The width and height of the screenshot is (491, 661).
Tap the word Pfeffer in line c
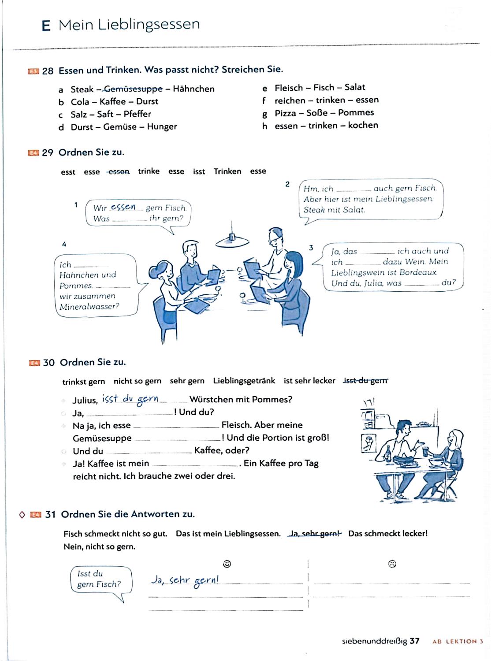(138, 114)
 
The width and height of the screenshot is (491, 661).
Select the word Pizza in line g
(286, 113)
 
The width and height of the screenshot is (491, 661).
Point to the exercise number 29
(48, 153)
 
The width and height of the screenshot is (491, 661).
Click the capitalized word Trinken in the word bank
(227, 171)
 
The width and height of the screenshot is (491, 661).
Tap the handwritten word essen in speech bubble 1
(123, 207)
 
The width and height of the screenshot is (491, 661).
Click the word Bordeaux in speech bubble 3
(418, 272)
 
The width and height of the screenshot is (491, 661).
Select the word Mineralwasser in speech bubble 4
(89, 307)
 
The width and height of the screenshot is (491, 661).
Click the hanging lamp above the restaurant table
(232, 240)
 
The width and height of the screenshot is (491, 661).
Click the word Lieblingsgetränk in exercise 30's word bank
(244, 381)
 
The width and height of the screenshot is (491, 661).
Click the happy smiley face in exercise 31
(227, 564)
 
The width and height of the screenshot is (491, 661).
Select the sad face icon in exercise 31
(392, 564)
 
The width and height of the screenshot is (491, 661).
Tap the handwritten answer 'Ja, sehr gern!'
(185, 580)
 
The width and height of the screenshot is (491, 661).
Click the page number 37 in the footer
(414, 641)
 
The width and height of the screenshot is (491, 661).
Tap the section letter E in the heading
(46, 26)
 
